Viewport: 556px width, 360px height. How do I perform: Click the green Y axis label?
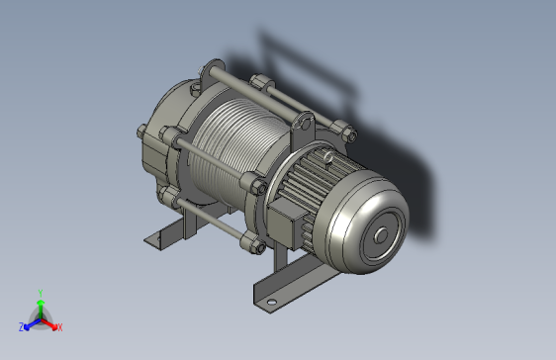(40, 293)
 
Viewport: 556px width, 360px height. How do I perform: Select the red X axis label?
(59, 326)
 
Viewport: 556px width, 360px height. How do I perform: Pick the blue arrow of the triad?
(31, 322)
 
